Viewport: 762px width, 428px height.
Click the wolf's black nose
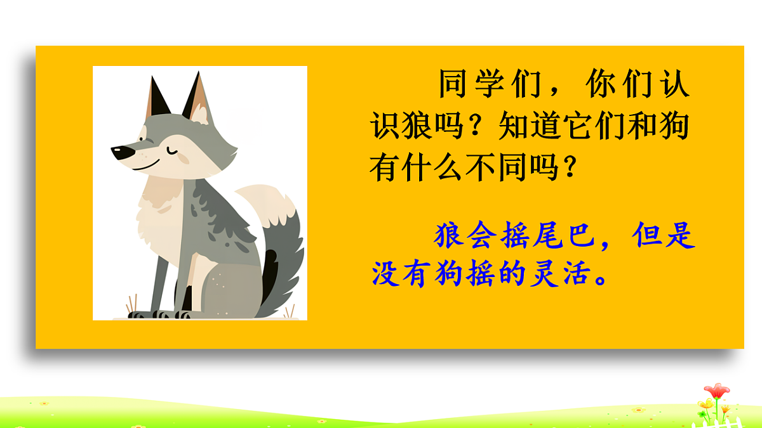119,153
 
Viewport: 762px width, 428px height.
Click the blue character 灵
545,275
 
